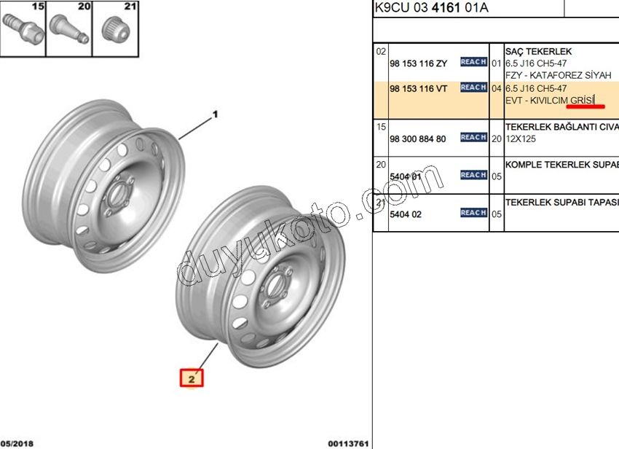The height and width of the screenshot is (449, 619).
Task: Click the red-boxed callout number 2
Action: click(x=192, y=378)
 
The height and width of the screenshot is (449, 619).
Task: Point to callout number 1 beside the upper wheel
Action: click(x=215, y=114)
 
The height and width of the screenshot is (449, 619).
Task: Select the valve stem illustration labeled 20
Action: click(x=69, y=29)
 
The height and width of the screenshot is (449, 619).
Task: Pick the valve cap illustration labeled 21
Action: click(x=115, y=30)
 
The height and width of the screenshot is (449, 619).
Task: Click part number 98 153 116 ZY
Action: click(x=419, y=63)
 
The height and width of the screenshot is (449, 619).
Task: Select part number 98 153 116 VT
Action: click(x=419, y=89)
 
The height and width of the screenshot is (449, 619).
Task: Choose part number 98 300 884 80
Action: click(x=418, y=139)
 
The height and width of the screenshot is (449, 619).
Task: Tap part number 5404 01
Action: click(x=406, y=176)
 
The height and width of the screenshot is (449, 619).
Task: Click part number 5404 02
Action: click(x=406, y=214)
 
